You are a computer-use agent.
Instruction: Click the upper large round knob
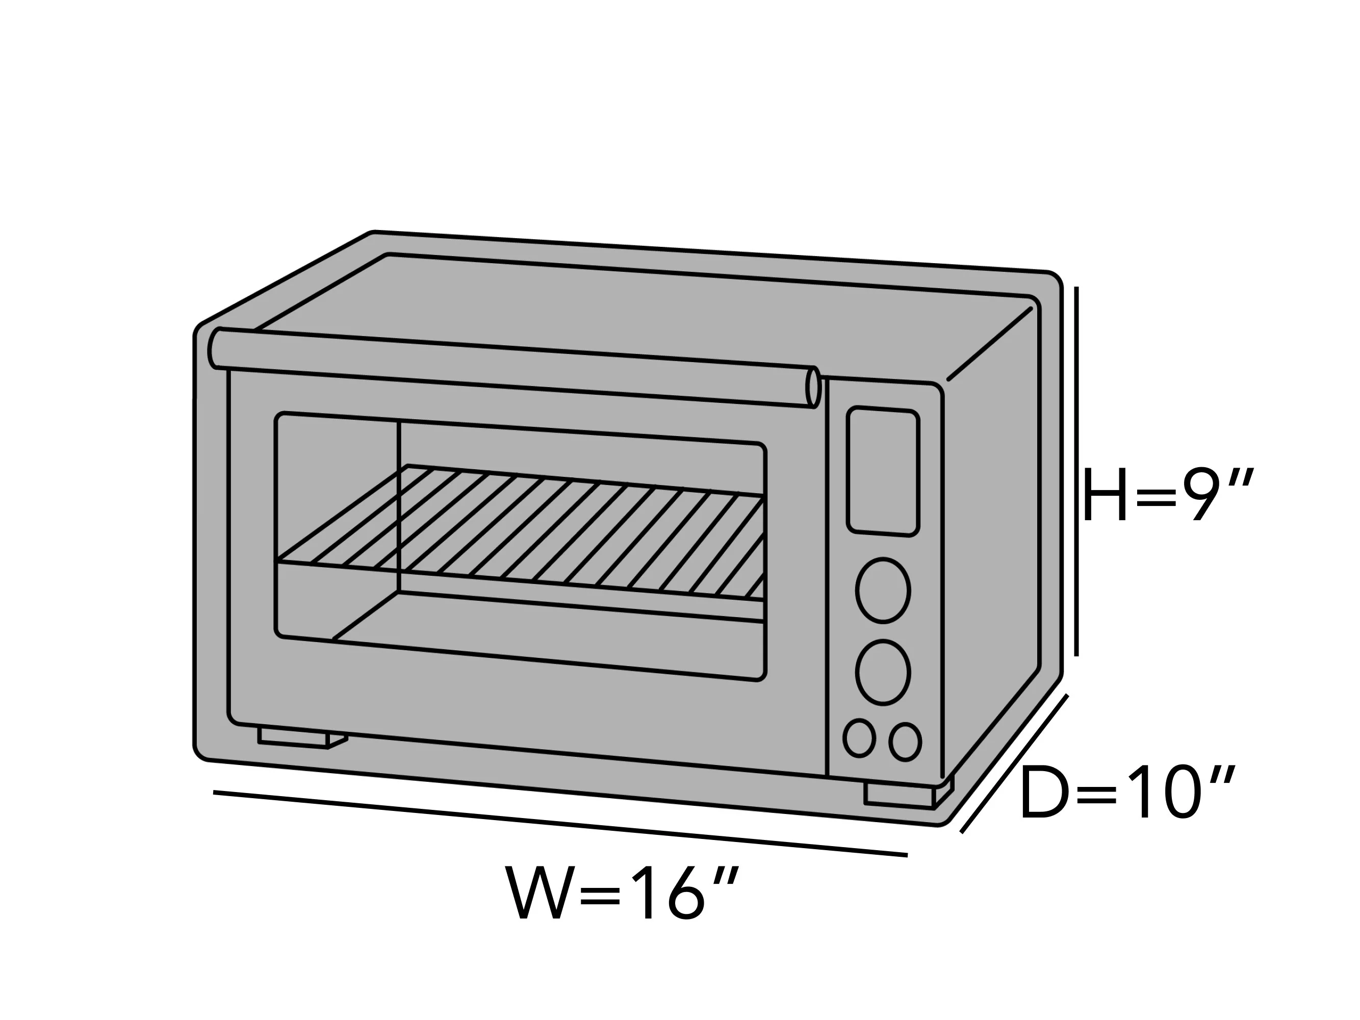pyautogui.click(x=883, y=590)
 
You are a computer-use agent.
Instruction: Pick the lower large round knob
pyautogui.click(x=883, y=673)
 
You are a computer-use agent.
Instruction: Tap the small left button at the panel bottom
pyautogui.click(x=859, y=738)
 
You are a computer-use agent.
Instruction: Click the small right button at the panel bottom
pyautogui.click(x=905, y=742)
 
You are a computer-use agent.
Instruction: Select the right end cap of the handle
pyautogui.click(x=813, y=387)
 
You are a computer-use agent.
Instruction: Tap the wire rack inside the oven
pyautogui.click(x=520, y=532)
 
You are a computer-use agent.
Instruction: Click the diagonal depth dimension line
pyautogui.click(x=1014, y=763)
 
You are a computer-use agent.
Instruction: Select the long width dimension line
pyautogui.click(x=560, y=823)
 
